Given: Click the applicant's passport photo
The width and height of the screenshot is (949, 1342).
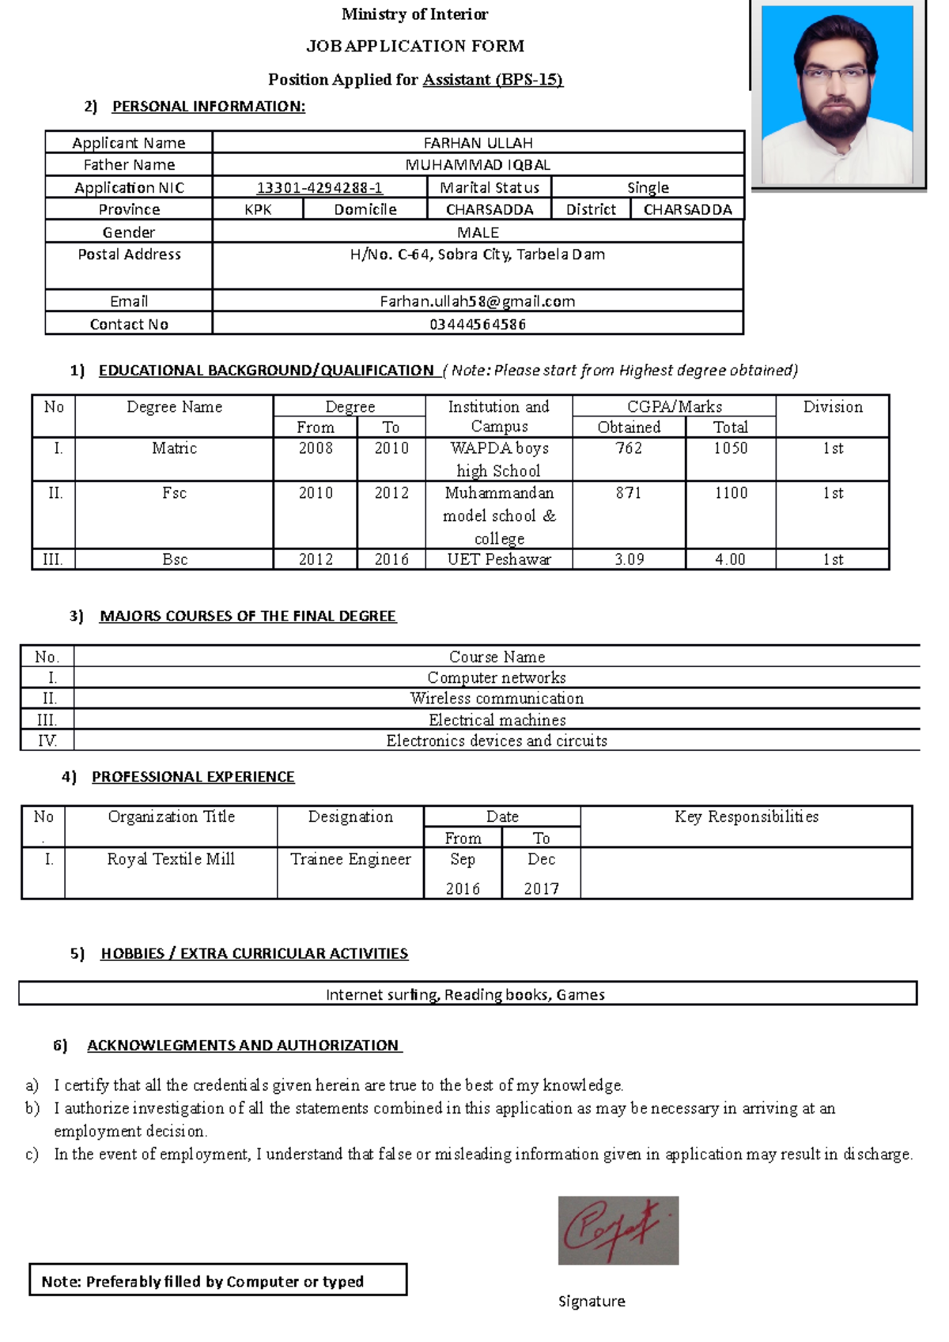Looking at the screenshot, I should click(837, 95).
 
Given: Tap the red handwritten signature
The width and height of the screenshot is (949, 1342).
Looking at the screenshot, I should click(618, 1230).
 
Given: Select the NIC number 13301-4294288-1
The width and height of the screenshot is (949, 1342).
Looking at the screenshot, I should click(319, 187).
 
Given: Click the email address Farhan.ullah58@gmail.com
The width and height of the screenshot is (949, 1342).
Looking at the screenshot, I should click(477, 301).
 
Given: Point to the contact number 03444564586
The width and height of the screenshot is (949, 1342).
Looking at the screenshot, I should click(477, 324).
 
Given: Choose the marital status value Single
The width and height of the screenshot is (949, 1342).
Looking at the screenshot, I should click(648, 187).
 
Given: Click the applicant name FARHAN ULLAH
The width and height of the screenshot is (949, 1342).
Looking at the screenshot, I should click(478, 143).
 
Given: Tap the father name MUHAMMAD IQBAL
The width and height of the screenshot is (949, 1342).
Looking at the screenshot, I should click(478, 164).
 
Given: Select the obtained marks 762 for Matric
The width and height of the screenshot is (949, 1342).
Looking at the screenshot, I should click(629, 448).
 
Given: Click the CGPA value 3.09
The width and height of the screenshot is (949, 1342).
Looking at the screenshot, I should click(629, 560).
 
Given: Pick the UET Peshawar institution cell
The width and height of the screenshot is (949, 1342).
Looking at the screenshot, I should click(499, 560).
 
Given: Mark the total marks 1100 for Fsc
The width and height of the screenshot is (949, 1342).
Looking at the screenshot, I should click(731, 493).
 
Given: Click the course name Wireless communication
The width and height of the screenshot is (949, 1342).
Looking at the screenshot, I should click(497, 699).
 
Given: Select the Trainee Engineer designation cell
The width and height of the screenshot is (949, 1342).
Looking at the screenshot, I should click(350, 859).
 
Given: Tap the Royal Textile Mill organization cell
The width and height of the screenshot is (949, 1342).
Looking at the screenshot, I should click(171, 859).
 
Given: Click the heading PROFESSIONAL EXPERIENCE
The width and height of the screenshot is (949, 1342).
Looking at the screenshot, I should click(193, 777).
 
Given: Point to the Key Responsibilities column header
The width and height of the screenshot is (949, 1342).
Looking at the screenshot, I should click(746, 817).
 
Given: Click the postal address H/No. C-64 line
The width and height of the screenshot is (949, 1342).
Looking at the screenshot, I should click(477, 254).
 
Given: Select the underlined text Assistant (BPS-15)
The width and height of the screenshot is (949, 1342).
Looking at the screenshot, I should click(493, 79).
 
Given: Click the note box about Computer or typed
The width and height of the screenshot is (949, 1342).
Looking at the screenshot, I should click(217, 1281).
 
